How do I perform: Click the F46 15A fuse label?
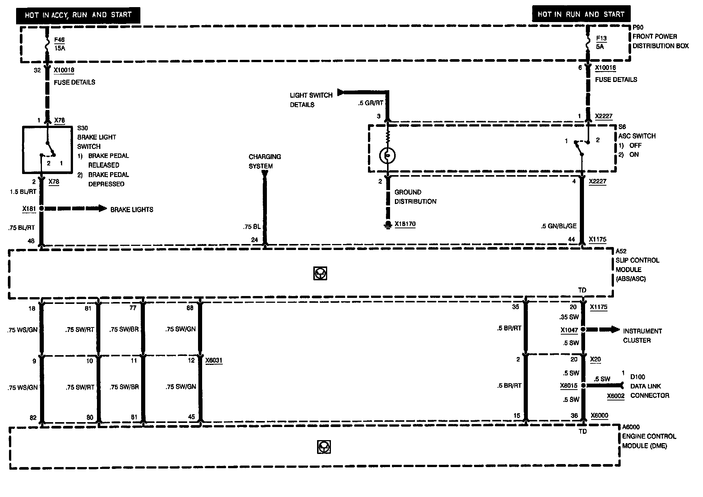(x=59, y=44)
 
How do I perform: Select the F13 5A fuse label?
(x=601, y=42)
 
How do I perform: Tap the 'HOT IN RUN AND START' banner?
(x=581, y=14)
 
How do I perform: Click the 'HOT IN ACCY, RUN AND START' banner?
(x=78, y=15)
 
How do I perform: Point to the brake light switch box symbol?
(x=48, y=150)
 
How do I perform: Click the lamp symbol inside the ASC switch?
(x=387, y=156)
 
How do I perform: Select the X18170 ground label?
(x=405, y=224)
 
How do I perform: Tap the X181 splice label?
(x=29, y=208)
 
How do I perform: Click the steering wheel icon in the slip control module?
(x=320, y=274)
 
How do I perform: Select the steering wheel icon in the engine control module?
(x=324, y=447)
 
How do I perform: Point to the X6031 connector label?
(x=214, y=360)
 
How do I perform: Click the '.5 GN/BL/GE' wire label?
(x=559, y=226)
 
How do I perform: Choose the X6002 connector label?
(x=616, y=396)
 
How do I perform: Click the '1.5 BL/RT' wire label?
(x=23, y=192)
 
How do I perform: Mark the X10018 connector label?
(x=64, y=70)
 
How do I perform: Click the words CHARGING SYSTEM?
(x=265, y=161)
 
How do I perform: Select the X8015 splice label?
(x=569, y=386)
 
